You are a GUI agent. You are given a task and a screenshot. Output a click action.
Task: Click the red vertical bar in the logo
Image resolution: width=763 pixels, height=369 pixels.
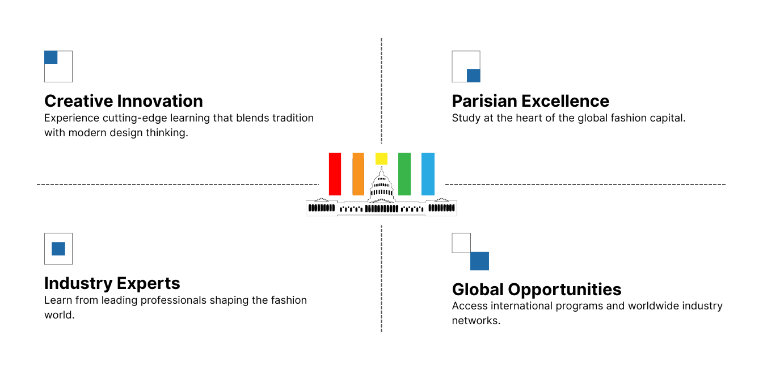[335, 174]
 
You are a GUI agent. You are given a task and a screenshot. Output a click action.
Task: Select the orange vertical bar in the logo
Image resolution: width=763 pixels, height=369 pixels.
[358, 174]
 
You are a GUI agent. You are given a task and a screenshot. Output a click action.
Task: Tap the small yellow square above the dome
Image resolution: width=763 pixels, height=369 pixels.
[381, 158]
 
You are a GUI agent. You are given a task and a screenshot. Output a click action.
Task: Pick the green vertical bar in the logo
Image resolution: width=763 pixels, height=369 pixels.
[404, 174]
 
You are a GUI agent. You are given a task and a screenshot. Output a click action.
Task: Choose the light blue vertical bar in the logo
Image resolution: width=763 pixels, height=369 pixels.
[428, 174]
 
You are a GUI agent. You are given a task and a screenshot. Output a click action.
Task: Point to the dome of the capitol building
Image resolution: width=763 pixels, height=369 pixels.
[381, 184]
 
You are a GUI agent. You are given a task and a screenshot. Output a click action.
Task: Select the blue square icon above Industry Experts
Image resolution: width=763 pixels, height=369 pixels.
[58, 249]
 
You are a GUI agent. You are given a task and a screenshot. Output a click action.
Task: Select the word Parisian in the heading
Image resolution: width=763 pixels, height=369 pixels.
[484, 101]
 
